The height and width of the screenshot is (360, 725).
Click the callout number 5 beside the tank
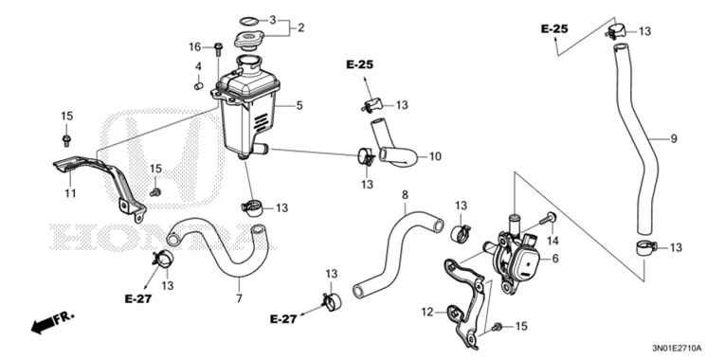pos(299,105)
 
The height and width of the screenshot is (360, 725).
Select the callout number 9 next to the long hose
pos(674,139)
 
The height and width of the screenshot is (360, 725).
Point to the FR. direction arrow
pos(51,323)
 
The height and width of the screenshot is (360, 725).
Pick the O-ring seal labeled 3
pos(248,19)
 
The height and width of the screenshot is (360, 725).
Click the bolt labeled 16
pos(219,46)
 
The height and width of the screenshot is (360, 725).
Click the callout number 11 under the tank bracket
pos(70,194)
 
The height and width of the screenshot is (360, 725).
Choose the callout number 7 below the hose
pos(239,299)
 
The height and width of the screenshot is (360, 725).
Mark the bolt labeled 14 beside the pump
pos(549,220)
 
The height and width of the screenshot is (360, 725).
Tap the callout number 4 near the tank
pos(199,66)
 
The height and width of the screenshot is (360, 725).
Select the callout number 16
pos(195,46)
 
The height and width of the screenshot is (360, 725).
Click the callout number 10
pos(436,156)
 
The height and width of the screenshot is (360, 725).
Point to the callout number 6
pos(555,258)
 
